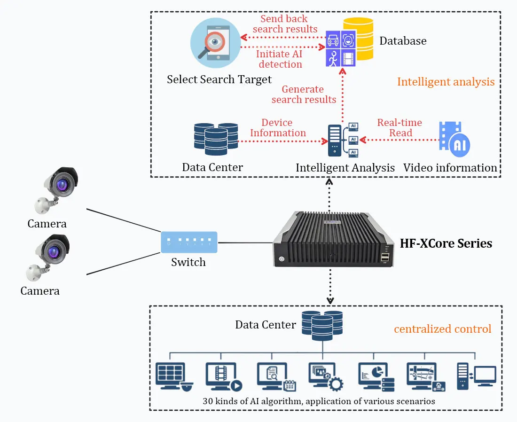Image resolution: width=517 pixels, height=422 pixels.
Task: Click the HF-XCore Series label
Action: pos(446,243)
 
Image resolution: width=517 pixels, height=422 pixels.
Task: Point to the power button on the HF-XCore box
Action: pos(281,258)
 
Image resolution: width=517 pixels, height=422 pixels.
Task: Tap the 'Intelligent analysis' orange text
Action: pos(446,82)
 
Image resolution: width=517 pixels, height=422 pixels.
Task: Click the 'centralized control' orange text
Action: pos(442,329)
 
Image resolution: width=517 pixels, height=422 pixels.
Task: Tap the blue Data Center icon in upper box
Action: pos(216,139)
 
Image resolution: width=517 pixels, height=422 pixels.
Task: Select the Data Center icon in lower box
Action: pos(322,325)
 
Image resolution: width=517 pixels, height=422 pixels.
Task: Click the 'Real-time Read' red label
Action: pos(400,128)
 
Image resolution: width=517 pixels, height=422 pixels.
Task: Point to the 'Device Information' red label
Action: pos(277,128)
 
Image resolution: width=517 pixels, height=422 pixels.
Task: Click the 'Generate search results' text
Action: pos(304,94)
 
